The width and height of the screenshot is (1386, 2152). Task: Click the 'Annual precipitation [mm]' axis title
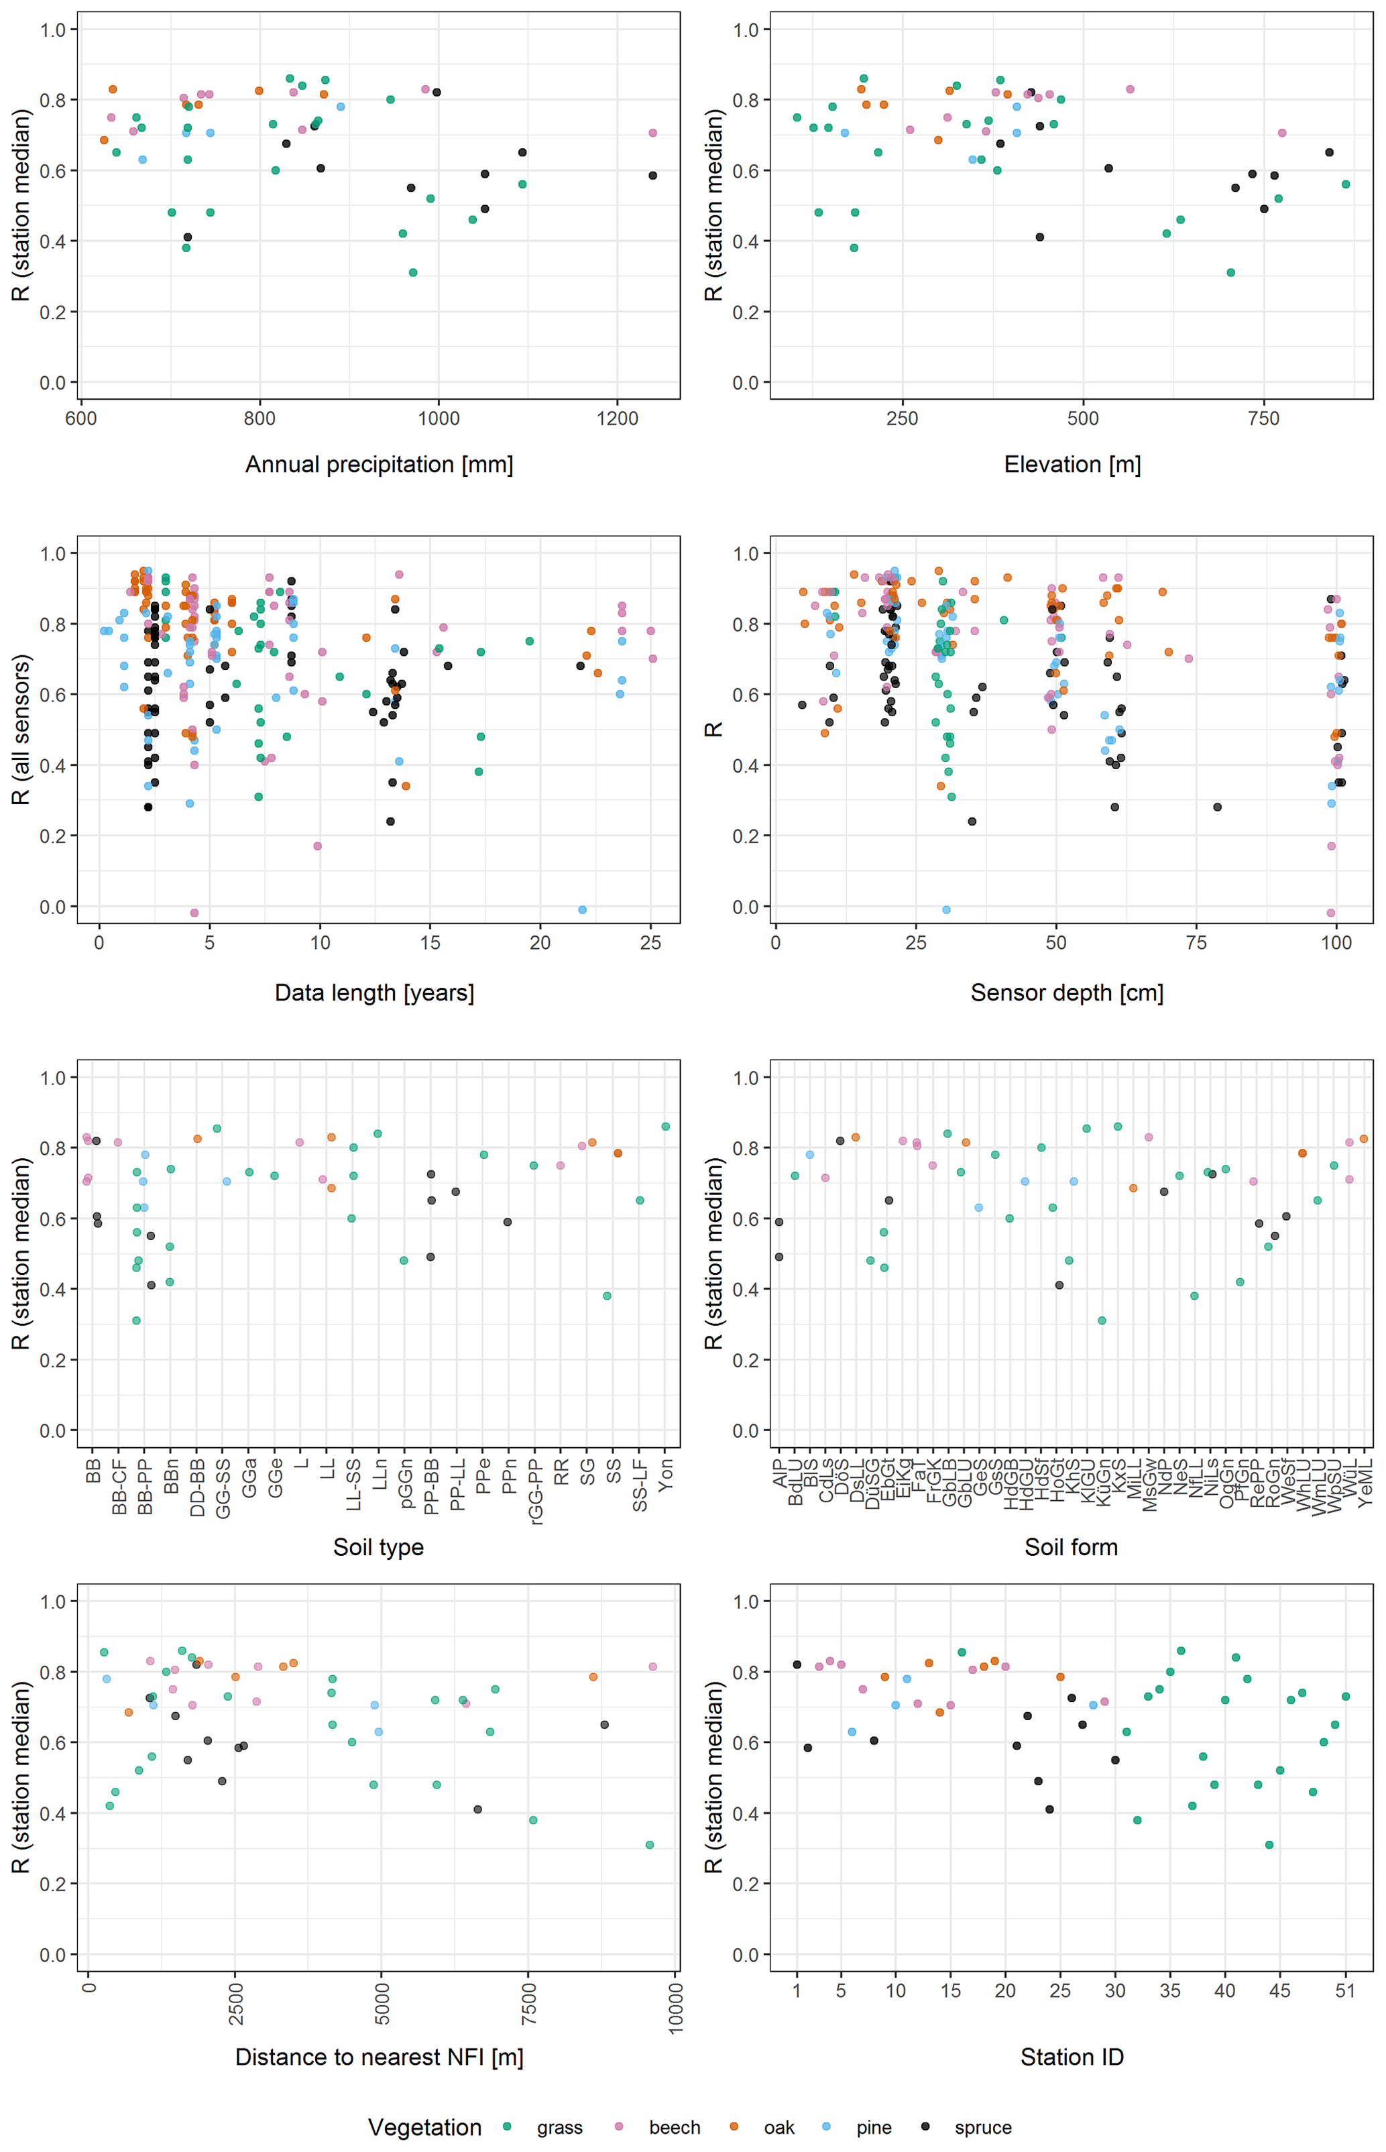tap(379, 465)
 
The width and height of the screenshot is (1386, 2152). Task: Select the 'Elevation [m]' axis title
tap(1072, 465)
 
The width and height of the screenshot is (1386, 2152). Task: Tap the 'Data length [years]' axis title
tap(374, 992)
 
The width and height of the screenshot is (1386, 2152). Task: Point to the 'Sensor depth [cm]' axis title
tap(1067, 992)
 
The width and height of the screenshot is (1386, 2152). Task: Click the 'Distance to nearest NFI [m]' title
tap(379, 2057)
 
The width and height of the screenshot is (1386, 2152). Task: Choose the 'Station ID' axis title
tap(1072, 2057)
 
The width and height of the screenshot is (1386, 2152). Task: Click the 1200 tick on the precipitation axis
tap(618, 418)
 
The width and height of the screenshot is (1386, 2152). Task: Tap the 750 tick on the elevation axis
tap(1263, 418)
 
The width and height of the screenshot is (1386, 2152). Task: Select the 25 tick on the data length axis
tap(650, 942)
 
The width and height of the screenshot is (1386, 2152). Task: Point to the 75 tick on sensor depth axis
tap(1196, 942)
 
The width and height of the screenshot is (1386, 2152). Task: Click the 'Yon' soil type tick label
tap(666, 1476)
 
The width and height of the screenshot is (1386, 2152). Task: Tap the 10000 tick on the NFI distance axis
tap(676, 2007)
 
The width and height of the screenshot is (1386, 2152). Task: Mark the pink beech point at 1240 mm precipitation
tap(652, 133)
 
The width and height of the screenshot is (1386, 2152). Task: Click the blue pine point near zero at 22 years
tap(582, 910)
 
